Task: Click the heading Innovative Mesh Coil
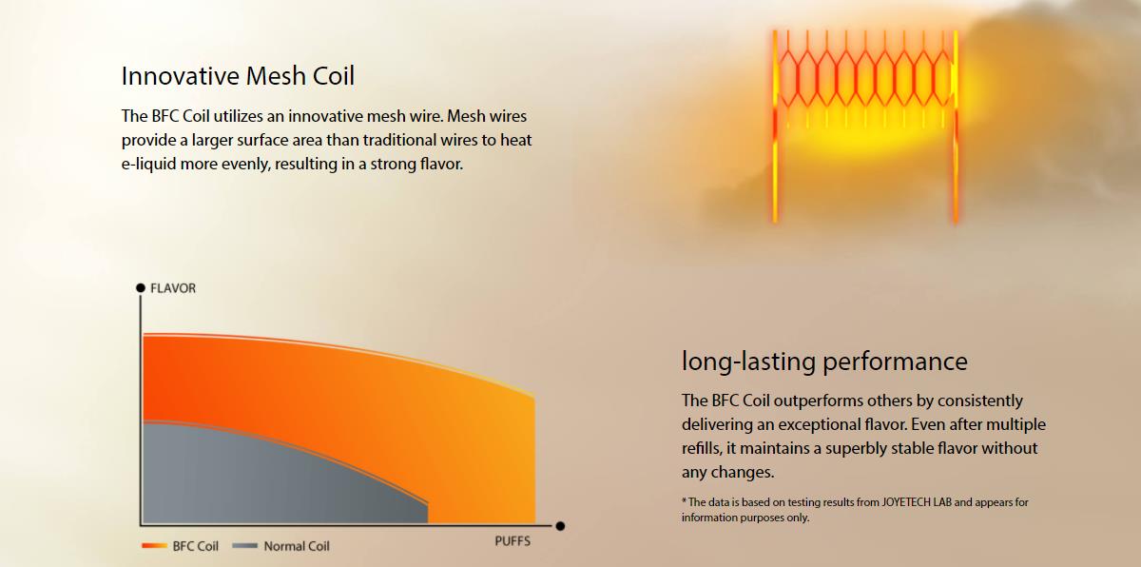point(238,76)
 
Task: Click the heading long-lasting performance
point(824,362)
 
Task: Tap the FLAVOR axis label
point(173,288)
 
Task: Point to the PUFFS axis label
point(512,541)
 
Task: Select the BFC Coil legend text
point(196,546)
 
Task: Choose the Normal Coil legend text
point(297,546)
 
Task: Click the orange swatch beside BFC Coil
point(154,546)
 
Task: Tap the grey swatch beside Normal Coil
point(245,546)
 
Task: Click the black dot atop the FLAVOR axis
point(141,288)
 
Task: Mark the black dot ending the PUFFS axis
point(560,526)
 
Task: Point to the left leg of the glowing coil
point(775,127)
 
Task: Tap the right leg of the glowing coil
point(956,127)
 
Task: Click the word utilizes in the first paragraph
point(239,116)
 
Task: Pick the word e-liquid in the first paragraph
point(148,165)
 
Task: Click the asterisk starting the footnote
point(684,500)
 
